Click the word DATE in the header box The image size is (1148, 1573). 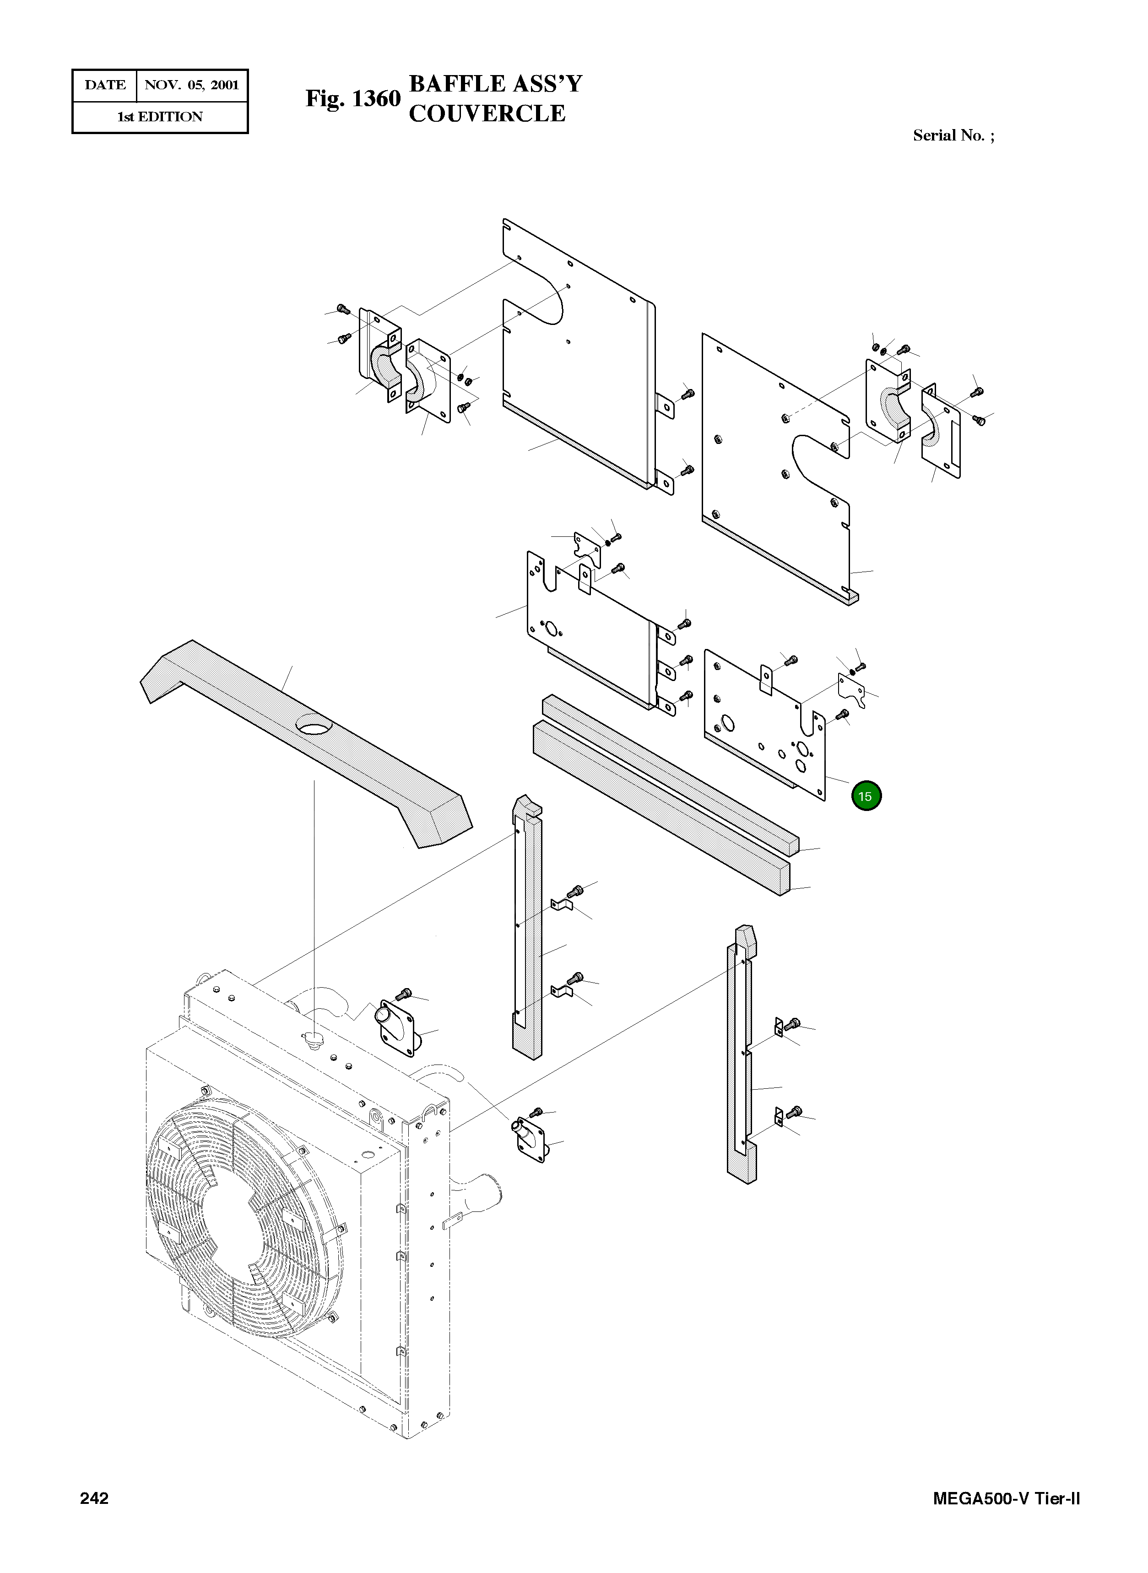coord(105,86)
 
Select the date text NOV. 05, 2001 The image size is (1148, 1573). coord(192,86)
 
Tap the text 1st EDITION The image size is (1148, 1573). coord(160,117)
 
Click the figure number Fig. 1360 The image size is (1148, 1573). coord(353,99)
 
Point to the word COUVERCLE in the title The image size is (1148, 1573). coord(487,113)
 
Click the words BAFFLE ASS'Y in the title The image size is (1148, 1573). coord(495,83)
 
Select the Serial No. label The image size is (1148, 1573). coord(953,135)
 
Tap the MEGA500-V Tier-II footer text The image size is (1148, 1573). coord(1006,1518)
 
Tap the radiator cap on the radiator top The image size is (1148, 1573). coord(314,1038)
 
